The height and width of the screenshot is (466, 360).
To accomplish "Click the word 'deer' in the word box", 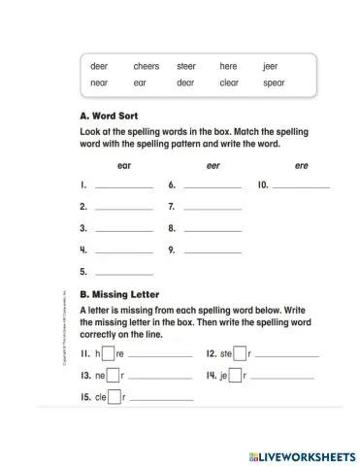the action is [99, 66].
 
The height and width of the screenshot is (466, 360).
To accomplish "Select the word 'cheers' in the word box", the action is [147, 66].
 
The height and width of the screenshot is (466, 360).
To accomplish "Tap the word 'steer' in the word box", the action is [186, 66].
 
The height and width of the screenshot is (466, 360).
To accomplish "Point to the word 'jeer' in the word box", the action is [270, 66].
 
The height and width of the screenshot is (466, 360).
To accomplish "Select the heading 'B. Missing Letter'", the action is [119, 293].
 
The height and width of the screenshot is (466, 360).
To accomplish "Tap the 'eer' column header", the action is [213, 166].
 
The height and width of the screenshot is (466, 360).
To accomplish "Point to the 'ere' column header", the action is [301, 166].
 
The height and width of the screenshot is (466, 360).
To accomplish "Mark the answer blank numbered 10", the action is [302, 184].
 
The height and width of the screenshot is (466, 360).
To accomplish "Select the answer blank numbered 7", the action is [213, 207].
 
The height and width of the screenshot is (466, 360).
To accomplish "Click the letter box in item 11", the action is [109, 353].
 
